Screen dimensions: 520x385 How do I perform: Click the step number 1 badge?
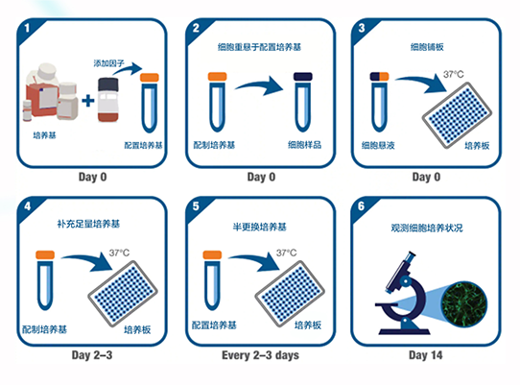[x=27, y=28]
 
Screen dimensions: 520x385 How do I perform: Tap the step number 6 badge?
[x=361, y=206]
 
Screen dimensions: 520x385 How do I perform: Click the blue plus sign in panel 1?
[x=88, y=101]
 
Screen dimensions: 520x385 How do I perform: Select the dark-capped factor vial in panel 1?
[x=107, y=100]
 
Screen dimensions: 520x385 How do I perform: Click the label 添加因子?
[x=108, y=63]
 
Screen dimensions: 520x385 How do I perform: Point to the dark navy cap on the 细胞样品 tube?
[x=302, y=77]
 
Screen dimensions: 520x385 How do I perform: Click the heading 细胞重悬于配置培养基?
[x=259, y=47]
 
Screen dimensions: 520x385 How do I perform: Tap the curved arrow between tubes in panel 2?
[x=259, y=85]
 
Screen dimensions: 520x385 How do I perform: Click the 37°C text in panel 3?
[x=454, y=74]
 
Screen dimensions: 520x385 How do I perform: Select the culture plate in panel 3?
[x=457, y=115]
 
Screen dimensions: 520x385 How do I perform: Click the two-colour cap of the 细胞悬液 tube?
[x=379, y=77]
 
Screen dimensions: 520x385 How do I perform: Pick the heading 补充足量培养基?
[x=88, y=224]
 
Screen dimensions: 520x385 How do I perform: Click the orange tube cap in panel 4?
[x=45, y=254]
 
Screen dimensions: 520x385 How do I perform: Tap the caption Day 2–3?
[x=92, y=355]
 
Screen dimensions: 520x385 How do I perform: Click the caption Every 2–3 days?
[x=260, y=355]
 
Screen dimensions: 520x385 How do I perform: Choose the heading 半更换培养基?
[x=260, y=227]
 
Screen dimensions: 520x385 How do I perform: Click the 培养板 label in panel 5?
[x=308, y=325]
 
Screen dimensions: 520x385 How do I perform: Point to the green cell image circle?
[x=464, y=304]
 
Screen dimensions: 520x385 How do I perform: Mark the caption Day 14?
[x=425, y=355]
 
